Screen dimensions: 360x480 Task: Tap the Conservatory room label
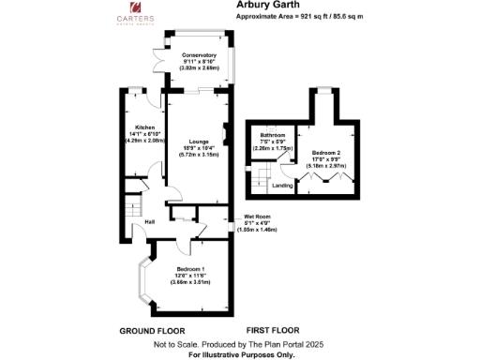(x=199, y=55)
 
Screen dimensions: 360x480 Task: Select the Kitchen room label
(x=144, y=127)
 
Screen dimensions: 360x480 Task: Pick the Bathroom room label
(x=273, y=136)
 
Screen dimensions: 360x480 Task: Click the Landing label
(x=281, y=185)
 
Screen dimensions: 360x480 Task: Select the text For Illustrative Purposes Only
(x=241, y=354)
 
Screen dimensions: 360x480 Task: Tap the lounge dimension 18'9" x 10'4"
(x=198, y=149)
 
